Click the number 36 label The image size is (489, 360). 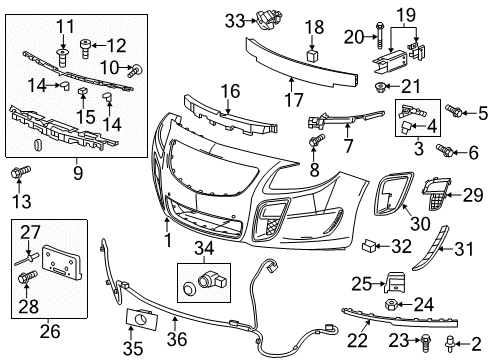pos(177,321)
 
